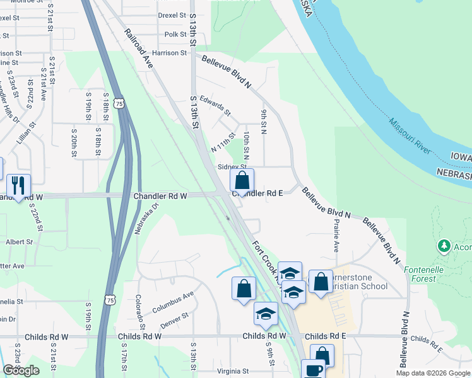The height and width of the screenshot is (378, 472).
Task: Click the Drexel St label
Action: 172,14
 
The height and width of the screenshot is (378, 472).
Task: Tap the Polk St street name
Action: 176,34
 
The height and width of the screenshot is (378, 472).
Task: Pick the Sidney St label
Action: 232,167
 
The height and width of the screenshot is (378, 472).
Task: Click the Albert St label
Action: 19,242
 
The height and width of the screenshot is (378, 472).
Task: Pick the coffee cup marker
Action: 313,369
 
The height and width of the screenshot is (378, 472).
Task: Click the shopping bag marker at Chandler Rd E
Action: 242,181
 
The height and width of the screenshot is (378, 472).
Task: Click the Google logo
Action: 21,370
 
